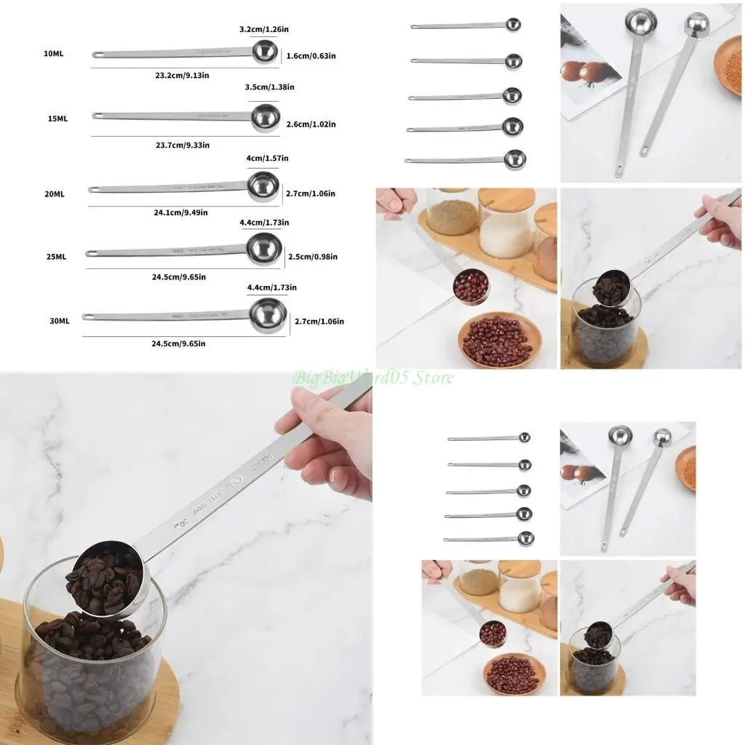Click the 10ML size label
(x=53, y=54)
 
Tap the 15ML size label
(x=57, y=118)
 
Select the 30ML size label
(x=59, y=320)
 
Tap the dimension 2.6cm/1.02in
(x=311, y=124)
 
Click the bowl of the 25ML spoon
(x=263, y=249)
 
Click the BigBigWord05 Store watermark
(x=372, y=378)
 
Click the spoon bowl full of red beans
(x=471, y=286)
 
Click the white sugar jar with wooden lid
(x=506, y=226)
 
